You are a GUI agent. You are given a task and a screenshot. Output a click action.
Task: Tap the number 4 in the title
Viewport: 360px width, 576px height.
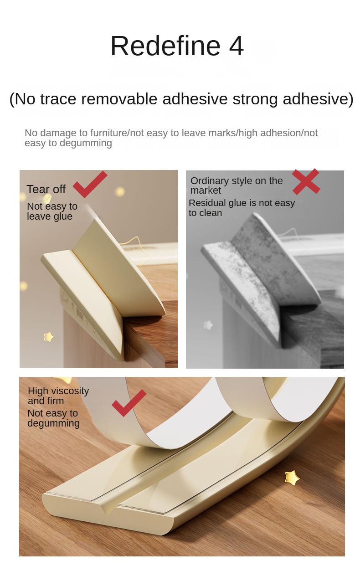click(236, 46)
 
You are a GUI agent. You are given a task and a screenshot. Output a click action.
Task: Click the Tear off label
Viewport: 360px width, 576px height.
click(46, 189)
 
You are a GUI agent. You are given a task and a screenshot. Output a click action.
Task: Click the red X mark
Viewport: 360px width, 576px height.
click(306, 181)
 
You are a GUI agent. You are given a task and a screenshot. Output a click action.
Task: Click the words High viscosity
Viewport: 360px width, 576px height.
click(58, 391)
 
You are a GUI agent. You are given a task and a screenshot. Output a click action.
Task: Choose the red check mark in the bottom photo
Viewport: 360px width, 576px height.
click(129, 402)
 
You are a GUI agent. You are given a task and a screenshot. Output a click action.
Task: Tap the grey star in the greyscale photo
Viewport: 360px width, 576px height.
click(208, 325)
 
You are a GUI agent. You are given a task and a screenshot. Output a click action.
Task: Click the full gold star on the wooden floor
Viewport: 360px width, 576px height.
click(292, 478)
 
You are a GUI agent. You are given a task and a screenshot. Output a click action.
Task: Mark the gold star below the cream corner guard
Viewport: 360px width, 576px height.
click(48, 337)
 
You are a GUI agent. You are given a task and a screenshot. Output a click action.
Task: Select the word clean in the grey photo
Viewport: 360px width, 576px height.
click(211, 213)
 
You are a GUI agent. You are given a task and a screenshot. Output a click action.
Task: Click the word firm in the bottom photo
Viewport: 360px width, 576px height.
click(56, 401)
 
